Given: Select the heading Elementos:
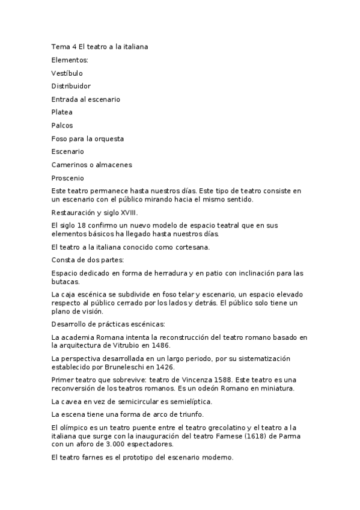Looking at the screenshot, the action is (x=70, y=60).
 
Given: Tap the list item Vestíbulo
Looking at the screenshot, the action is (x=67, y=73).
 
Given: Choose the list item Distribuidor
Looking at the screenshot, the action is (x=71, y=86).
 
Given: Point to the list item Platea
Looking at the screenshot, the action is (x=62, y=112).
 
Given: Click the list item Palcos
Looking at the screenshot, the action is (x=63, y=125).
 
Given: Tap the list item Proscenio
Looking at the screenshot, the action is (x=68, y=178).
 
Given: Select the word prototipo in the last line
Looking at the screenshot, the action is (x=138, y=457).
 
